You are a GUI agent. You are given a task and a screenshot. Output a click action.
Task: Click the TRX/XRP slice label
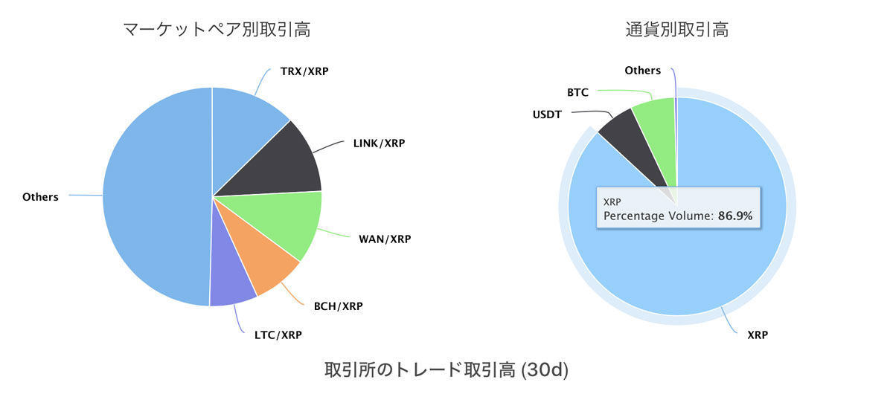pos(304,71)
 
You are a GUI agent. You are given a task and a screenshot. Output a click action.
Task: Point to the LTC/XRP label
pos(278,335)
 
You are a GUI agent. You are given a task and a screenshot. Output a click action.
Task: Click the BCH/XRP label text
pos(339,306)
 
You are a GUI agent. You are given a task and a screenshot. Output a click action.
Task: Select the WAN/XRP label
pos(385,239)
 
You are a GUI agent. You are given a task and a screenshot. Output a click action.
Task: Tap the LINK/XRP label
pos(379,143)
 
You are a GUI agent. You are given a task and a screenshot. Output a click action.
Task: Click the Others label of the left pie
pos(40,197)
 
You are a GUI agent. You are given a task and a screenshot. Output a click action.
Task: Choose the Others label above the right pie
pos(643,71)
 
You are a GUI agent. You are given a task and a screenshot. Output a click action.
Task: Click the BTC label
pos(577,92)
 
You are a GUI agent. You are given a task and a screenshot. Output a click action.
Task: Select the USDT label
pos(547,114)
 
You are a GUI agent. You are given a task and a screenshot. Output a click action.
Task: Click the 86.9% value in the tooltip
pos(735,216)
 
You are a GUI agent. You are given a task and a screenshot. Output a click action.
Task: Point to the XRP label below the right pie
pos(758,335)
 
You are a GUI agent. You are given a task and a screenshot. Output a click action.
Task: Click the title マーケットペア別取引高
pos(217,30)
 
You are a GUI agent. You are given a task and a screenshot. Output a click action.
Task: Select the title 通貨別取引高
pos(677,30)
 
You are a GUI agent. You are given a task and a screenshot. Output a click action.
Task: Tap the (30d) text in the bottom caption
pos(545,370)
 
